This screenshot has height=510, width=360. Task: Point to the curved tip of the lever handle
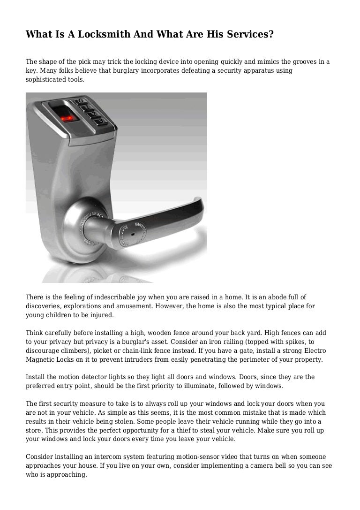199,206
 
